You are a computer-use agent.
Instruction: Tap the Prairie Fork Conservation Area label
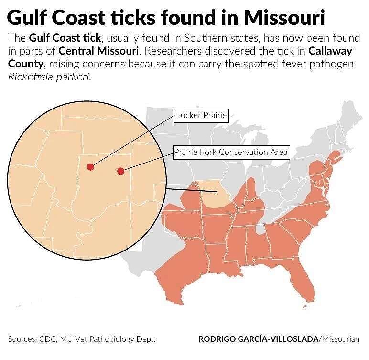point(231,153)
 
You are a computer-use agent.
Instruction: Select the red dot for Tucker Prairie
point(90,167)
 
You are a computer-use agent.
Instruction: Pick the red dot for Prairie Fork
point(120,171)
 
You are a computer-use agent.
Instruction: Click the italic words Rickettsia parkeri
point(49,77)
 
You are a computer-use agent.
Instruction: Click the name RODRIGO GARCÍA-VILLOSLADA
point(259,339)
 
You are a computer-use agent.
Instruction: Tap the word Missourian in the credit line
point(341,339)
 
